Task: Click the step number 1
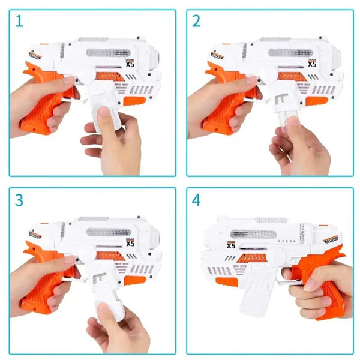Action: coord(19,22)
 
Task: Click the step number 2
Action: coord(196,22)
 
